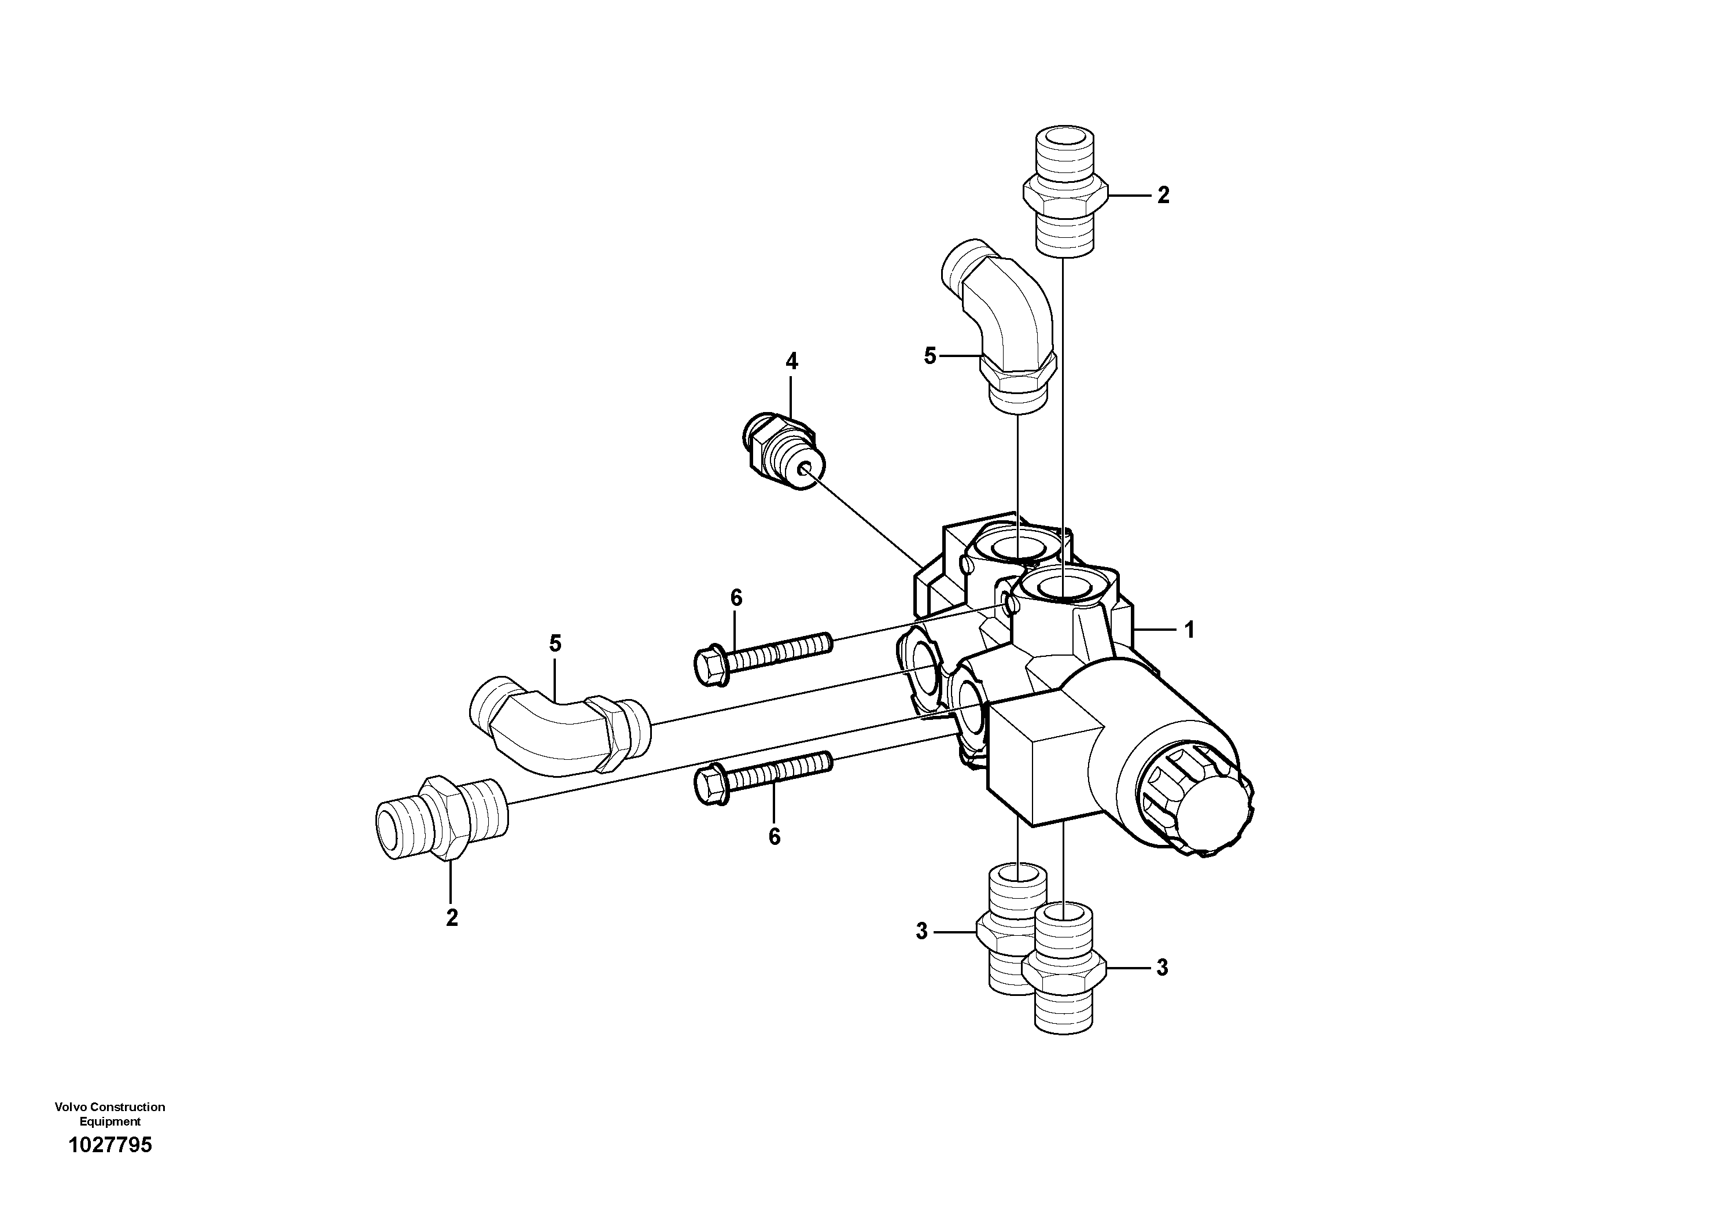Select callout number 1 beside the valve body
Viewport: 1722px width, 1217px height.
pos(1189,630)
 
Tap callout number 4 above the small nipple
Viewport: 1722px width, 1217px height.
pos(791,361)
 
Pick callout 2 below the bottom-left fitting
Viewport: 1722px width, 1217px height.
pos(452,918)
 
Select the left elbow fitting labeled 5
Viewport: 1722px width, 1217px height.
pos(559,725)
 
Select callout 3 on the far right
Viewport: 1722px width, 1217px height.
pos(1161,968)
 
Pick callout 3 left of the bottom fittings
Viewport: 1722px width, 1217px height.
pos(922,931)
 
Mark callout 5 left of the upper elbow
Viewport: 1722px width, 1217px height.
pos(930,356)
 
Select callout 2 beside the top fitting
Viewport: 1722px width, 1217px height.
pos(1163,195)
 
